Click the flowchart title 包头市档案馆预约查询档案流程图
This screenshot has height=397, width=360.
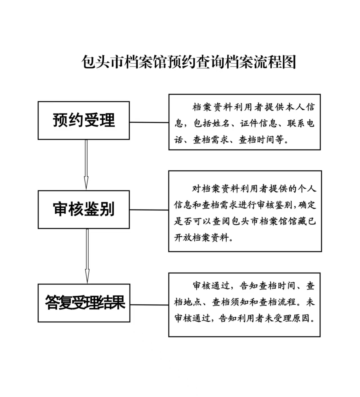coord(189,62)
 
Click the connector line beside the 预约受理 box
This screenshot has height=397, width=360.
coord(149,122)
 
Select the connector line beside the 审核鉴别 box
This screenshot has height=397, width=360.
coord(149,210)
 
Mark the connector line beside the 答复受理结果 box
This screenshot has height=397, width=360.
coord(149,305)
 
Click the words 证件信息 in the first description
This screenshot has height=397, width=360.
coord(258,124)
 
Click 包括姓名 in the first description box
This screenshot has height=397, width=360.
coord(211,124)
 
